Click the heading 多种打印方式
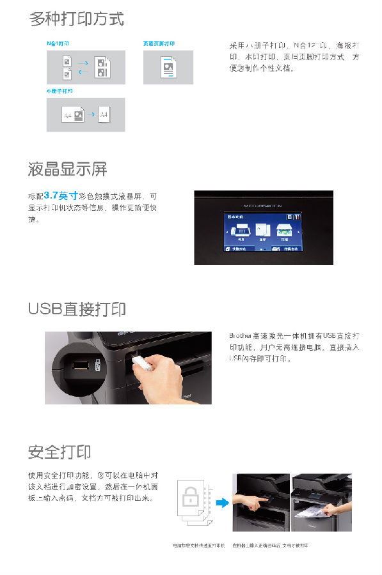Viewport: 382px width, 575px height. coord(76,19)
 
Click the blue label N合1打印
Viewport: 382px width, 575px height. coord(58,43)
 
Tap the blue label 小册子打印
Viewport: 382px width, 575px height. coord(60,91)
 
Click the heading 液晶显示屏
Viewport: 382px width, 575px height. coord(67,169)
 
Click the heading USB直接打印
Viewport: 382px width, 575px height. coord(77,309)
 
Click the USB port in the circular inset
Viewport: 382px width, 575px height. coord(81,367)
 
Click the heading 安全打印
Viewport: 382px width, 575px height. coord(60,452)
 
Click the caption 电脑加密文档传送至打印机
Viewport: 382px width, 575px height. coord(199,546)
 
